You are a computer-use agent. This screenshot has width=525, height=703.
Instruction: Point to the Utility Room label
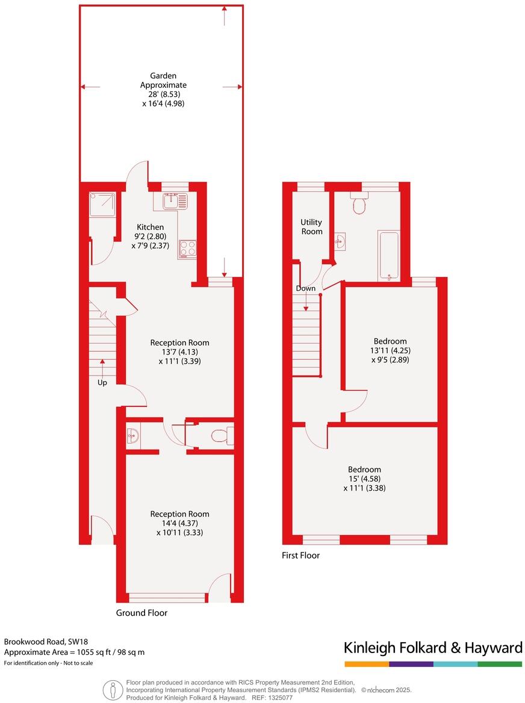click(311, 227)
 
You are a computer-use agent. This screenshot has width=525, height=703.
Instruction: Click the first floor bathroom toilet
click(361, 205)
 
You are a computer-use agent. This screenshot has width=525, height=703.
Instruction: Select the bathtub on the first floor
click(389, 255)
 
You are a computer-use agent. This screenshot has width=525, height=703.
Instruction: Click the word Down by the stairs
click(305, 288)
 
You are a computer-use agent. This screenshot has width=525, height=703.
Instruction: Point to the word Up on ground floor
click(102, 382)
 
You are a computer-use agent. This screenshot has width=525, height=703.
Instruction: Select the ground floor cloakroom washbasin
click(134, 436)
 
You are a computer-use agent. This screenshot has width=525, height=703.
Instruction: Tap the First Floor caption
click(300, 556)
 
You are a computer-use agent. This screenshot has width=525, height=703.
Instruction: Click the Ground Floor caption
click(141, 613)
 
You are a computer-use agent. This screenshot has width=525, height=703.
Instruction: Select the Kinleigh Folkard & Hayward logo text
click(432, 648)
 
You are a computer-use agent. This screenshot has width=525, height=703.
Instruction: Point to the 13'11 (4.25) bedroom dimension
click(391, 350)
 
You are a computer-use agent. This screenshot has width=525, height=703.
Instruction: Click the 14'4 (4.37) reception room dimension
click(179, 523)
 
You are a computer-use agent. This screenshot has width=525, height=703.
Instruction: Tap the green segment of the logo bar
click(500, 664)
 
